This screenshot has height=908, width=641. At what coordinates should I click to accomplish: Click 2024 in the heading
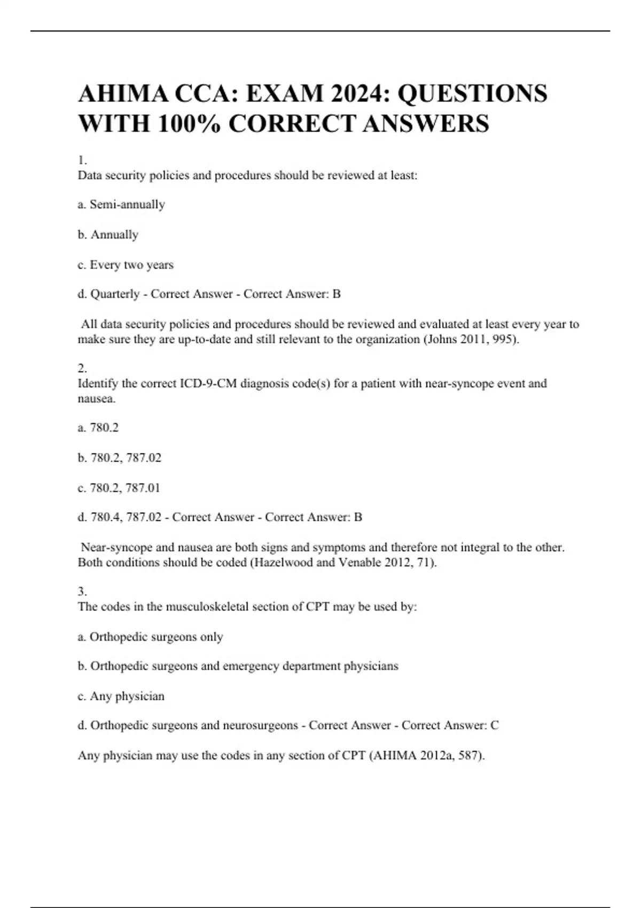pos(356,93)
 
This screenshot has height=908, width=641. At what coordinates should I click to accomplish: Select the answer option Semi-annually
pos(127,205)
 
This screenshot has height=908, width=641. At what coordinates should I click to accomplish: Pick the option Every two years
pos(131,265)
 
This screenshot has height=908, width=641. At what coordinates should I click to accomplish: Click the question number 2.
pos(82,369)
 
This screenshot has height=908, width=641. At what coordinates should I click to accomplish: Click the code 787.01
pos(143,488)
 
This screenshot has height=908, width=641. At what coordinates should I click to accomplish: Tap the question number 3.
pos(82,592)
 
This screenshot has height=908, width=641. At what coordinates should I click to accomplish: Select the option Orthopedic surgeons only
pos(156,637)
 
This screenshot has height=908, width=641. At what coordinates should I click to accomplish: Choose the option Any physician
pos(127,696)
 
